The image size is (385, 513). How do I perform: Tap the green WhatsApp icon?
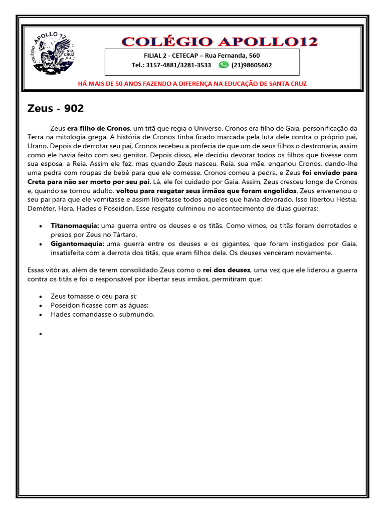[224, 65]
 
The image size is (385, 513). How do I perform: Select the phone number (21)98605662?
[252, 65]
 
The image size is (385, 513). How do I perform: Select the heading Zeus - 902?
[55, 108]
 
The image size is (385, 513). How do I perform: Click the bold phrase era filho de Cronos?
[99, 127]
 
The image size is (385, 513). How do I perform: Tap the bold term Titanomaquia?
[75, 226]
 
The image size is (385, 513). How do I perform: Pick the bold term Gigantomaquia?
[77, 244]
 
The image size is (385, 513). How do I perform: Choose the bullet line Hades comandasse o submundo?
[102, 314]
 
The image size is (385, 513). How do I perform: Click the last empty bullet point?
[40, 333]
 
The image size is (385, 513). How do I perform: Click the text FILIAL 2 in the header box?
[155, 56]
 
